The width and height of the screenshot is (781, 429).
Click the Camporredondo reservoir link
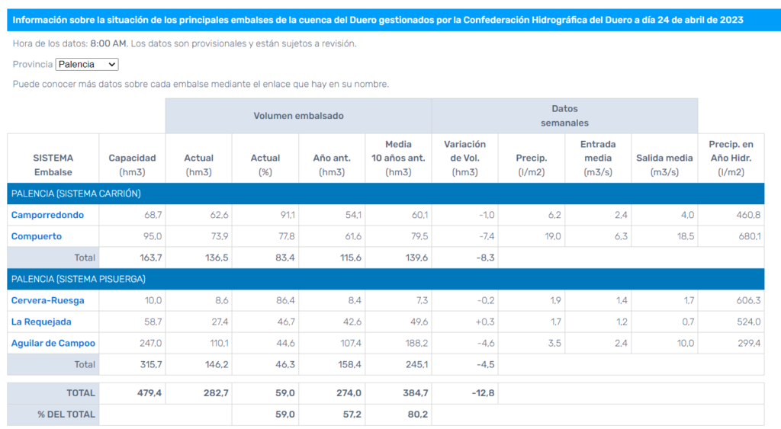tap(47, 215)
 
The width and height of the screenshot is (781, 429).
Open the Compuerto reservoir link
tap(37, 236)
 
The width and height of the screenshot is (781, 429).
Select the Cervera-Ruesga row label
tap(47, 300)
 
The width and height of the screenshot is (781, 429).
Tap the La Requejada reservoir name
tap(41, 322)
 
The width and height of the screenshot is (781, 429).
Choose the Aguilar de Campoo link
tap(53, 343)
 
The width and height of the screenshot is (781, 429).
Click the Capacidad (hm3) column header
tap(132, 165)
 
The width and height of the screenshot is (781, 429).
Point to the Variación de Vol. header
tap(464, 157)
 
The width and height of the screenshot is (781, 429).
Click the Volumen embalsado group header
tap(298, 116)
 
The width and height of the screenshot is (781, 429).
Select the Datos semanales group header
tap(564, 116)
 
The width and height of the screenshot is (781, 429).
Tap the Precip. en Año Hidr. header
tap(731, 157)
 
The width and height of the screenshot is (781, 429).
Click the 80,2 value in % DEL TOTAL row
tap(417, 415)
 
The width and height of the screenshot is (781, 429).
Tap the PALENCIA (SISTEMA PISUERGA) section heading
tap(78, 279)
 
